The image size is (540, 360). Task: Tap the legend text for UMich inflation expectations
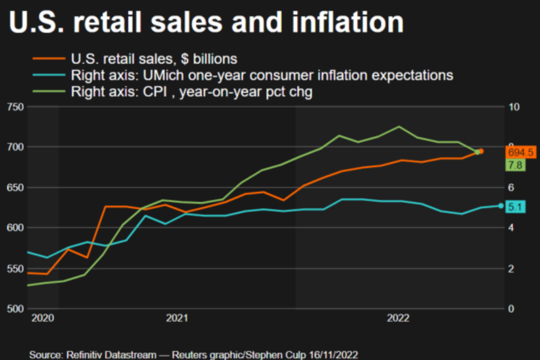point(262,75)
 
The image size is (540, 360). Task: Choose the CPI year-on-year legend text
point(191,92)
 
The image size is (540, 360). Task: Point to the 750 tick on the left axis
point(16,107)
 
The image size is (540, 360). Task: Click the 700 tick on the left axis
point(16,147)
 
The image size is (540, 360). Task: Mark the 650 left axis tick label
point(16,187)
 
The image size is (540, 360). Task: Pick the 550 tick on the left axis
point(16,268)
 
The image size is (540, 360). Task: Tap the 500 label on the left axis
point(16,308)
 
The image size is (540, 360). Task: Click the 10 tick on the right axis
point(513,107)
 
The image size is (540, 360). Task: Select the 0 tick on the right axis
point(510,308)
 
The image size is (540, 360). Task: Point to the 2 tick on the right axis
point(510,268)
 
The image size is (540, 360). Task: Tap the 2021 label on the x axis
point(176,318)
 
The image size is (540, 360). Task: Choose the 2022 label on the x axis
point(399,318)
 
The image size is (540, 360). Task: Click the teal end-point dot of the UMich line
point(500,205)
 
